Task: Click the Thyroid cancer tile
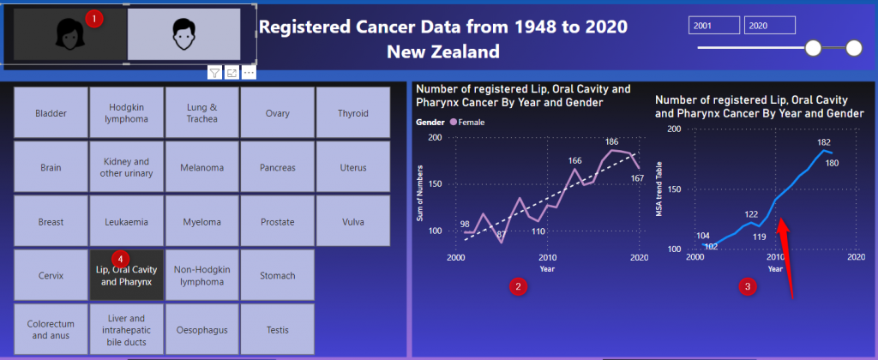[353, 113]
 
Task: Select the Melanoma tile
[202, 167]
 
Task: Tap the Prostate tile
[278, 222]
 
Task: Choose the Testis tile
[278, 330]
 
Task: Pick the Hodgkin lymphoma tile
[127, 113]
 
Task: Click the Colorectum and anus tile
[51, 330]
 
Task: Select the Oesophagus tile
[202, 330]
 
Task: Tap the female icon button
[67, 35]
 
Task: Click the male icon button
[183, 35]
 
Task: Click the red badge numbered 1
[95, 17]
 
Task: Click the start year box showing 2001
[714, 26]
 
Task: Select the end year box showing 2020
[770, 26]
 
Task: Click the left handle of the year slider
[814, 48]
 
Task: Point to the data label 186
[611, 141]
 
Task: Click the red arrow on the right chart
[787, 257]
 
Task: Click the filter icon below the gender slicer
[214, 73]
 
